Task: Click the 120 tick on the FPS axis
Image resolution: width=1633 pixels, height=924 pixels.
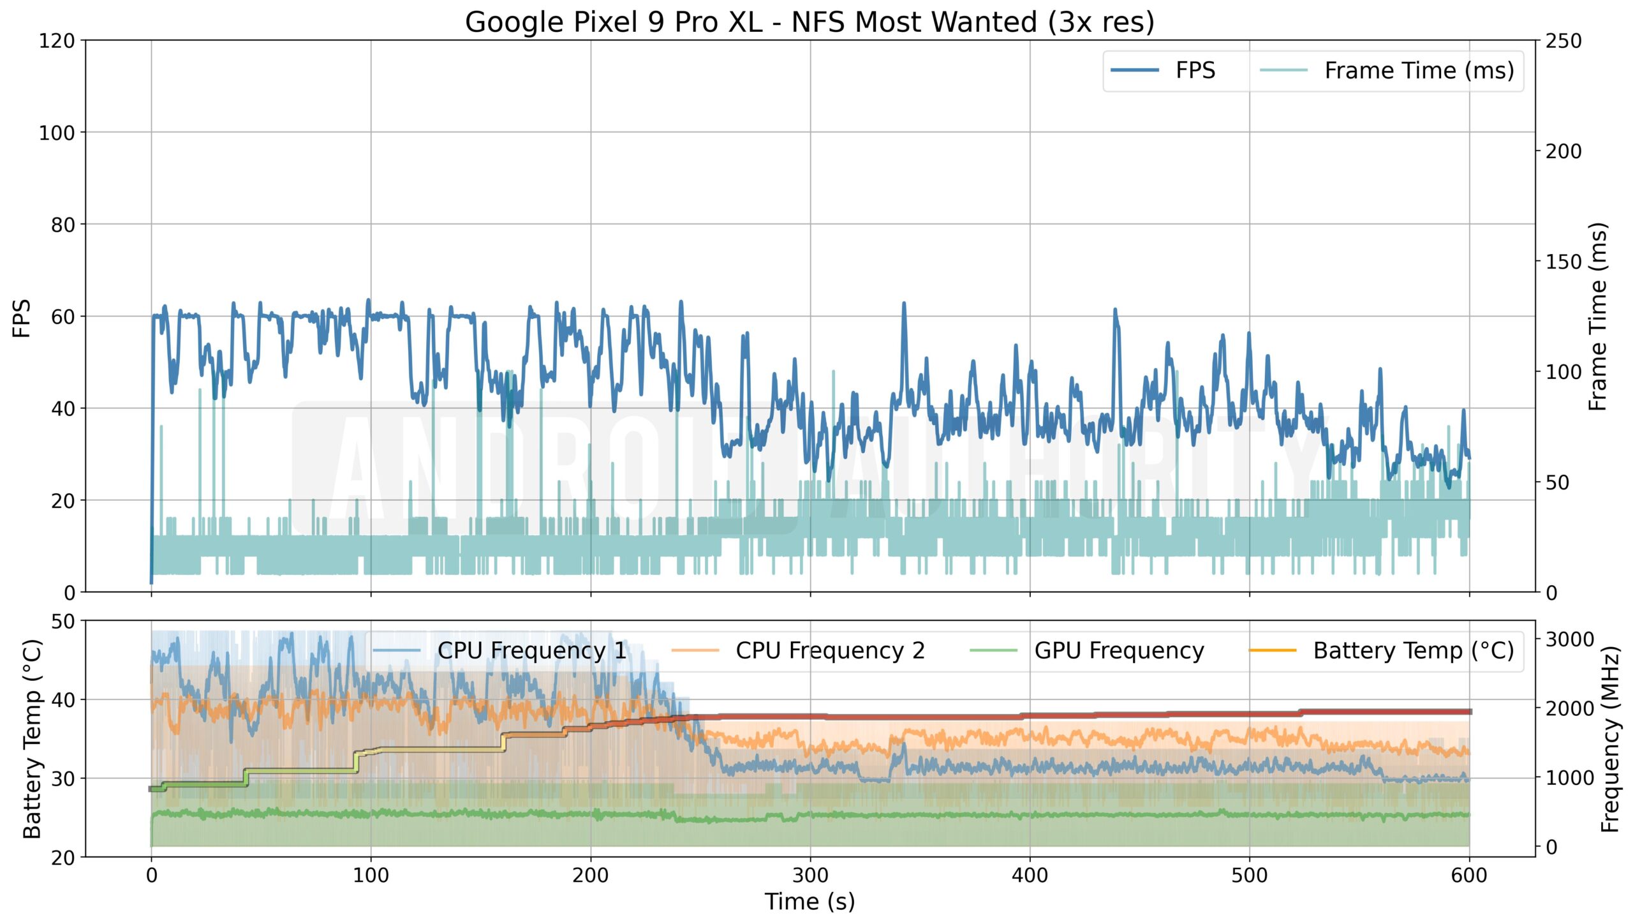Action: point(57,41)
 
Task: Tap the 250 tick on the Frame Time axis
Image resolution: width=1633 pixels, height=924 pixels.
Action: point(1563,41)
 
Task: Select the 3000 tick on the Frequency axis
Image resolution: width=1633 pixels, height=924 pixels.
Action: point(1570,639)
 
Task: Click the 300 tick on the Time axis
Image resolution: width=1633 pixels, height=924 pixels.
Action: point(810,875)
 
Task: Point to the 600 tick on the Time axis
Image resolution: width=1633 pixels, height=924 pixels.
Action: point(1469,875)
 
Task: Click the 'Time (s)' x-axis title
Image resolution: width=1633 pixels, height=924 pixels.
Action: point(809,902)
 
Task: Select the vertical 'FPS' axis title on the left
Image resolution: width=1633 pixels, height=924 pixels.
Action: point(22,318)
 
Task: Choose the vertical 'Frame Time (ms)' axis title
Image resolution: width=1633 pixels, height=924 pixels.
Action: point(1597,317)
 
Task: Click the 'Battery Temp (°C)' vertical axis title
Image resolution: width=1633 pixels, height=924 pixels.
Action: point(32,739)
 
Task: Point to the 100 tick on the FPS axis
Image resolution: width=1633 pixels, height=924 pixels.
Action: point(57,133)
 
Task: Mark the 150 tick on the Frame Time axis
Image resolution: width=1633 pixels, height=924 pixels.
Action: point(1563,262)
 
